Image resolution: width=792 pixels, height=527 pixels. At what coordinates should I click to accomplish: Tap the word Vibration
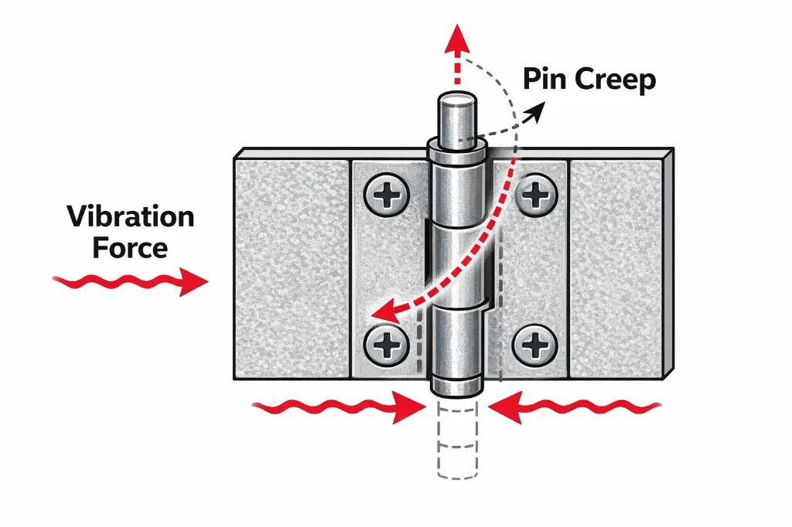point(130,217)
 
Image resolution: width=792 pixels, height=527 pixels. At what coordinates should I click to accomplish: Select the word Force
point(130,249)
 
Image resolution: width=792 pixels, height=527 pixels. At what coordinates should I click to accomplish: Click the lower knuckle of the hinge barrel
point(455,340)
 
